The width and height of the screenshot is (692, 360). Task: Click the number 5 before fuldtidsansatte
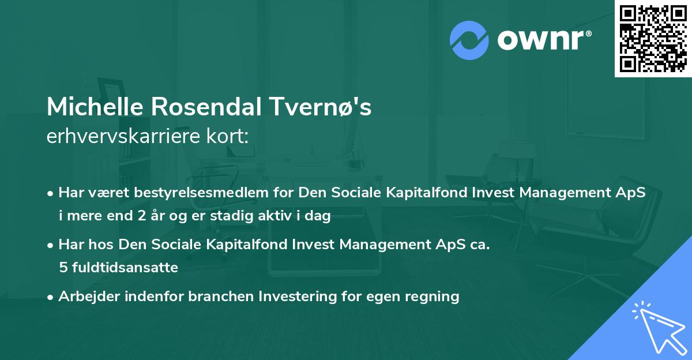pyautogui.click(x=62, y=268)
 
